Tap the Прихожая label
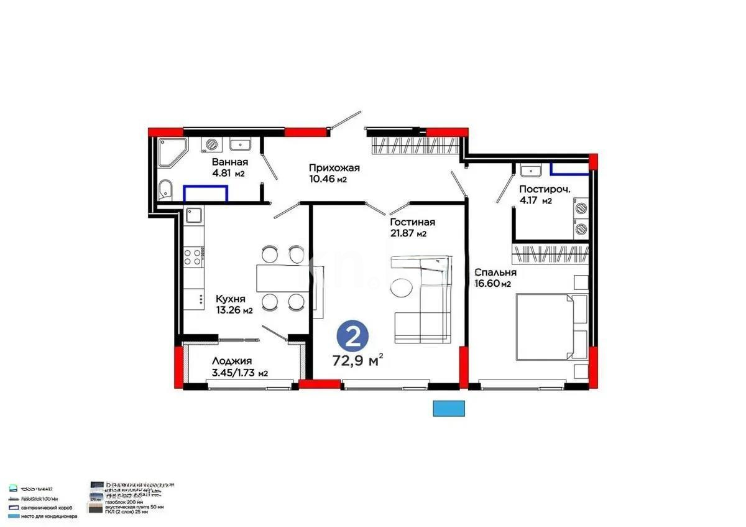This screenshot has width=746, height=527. [x=334, y=168]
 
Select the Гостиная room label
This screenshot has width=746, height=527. [x=412, y=222]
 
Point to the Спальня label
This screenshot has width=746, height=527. [x=495, y=273]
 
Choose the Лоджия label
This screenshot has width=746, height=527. [x=231, y=361]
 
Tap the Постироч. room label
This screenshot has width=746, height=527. [x=545, y=189]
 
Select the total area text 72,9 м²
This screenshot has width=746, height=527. [x=357, y=361]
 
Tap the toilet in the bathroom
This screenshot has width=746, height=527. [x=165, y=189]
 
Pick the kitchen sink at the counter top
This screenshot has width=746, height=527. [x=194, y=215]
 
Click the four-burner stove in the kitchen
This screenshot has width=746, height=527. [x=193, y=256]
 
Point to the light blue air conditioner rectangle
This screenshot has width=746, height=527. [x=449, y=408]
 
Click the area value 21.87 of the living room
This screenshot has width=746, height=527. [x=403, y=234]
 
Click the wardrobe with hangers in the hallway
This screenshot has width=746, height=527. [x=415, y=146]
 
